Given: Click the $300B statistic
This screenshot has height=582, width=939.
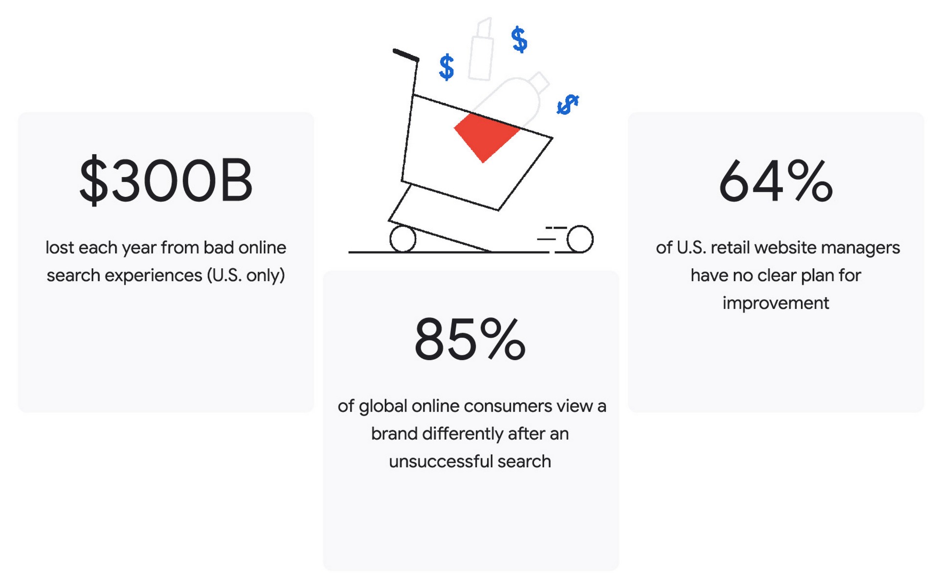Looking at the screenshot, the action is [166, 180].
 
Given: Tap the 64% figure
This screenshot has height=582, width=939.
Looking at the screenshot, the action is [776, 181].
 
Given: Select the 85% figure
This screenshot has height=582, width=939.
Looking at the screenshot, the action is [470, 339].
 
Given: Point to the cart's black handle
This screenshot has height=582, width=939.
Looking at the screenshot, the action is [406, 55].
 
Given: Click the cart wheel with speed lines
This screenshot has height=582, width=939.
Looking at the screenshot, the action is [580, 239].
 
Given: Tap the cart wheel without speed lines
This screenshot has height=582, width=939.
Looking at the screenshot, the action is [402, 239].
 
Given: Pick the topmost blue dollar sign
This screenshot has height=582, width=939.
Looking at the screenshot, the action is [519, 40].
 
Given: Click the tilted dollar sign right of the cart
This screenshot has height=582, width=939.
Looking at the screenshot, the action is [568, 105].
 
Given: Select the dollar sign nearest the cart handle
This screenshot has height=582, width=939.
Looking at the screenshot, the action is [447, 67].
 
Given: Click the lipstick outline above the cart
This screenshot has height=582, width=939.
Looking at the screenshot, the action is [481, 49].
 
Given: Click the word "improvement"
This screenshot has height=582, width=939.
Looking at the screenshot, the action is [776, 303].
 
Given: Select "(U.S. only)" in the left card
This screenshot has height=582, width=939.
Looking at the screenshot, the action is [246, 276].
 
